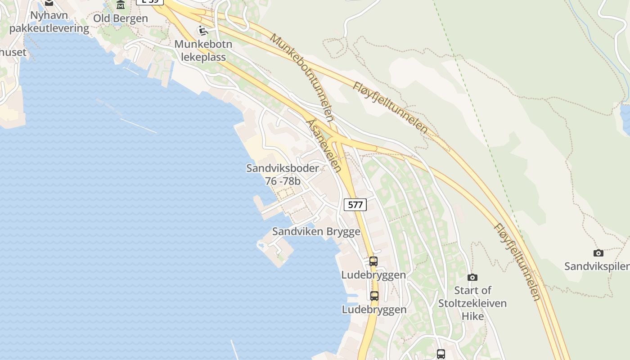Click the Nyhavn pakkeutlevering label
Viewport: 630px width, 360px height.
pyautogui.click(x=49, y=22)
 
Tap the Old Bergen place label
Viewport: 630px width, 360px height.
pyautogui.click(x=120, y=18)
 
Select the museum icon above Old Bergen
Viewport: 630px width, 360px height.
pyautogui.click(x=121, y=5)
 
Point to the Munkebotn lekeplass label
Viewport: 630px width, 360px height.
pyautogui.click(x=203, y=51)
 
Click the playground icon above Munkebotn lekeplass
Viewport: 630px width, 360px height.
pyautogui.click(x=203, y=31)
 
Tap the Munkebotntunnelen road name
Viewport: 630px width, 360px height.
pyautogui.click(x=302, y=77)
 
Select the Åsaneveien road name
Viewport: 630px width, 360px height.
pyautogui.click(x=323, y=145)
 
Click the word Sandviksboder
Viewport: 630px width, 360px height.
pyautogui.click(x=283, y=168)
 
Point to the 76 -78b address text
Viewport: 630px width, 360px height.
pyautogui.click(x=283, y=181)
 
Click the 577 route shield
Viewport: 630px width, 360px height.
pyautogui.click(x=355, y=205)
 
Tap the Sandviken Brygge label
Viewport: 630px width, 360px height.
pyautogui.click(x=316, y=232)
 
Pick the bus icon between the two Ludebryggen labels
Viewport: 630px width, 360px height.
pyautogui.click(x=374, y=296)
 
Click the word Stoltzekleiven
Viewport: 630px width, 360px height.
pyautogui.click(x=472, y=303)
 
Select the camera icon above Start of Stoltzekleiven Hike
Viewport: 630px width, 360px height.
pyautogui.click(x=472, y=277)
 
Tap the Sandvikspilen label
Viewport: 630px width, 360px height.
pyautogui.click(x=597, y=266)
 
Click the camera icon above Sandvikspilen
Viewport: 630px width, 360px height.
pyautogui.click(x=598, y=253)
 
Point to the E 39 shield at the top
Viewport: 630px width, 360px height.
pyautogui.click(x=150, y=1)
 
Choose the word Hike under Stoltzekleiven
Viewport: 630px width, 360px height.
pyautogui.click(x=472, y=316)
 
